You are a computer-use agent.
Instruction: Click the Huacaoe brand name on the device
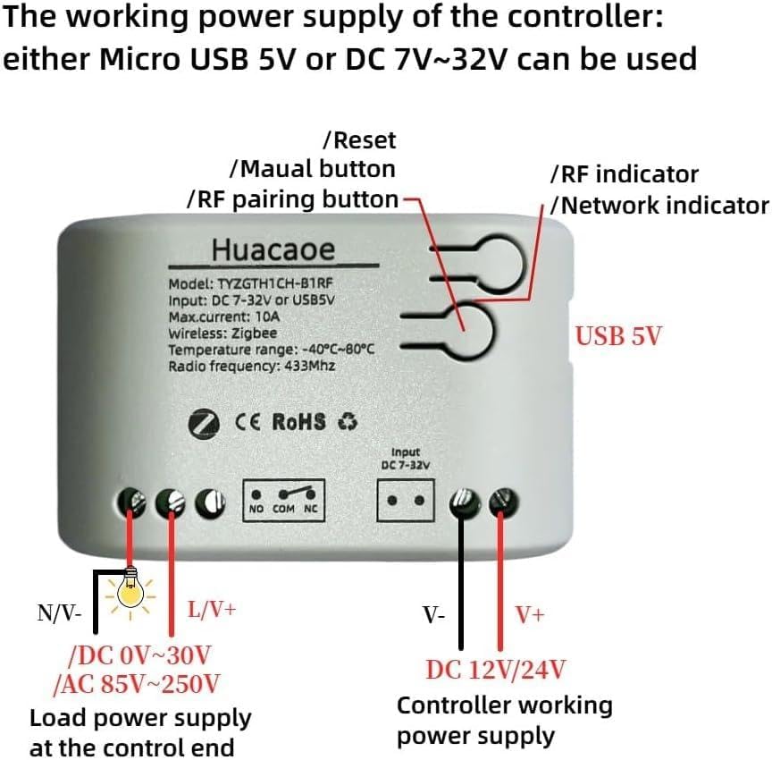coord(273,249)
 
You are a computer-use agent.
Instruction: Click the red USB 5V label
coord(618,336)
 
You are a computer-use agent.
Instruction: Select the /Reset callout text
coord(359,141)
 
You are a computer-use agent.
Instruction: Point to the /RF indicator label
coord(625,174)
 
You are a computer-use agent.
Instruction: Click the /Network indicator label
coord(659,206)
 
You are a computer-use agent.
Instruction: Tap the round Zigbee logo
coord(204,423)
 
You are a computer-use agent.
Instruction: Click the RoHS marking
coord(298,422)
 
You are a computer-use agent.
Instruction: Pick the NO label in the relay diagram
coord(256,509)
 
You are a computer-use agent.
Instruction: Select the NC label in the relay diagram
coord(311,509)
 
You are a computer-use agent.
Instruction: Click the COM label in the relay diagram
coord(283,509)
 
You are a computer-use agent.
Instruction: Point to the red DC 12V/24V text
coord(496,670)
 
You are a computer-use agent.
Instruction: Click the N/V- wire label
coord(59,613)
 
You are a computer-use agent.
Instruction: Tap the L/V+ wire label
coord(212,610)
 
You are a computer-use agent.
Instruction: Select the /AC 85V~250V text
coord(137,684)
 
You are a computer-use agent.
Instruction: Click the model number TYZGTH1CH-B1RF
coord(275,283)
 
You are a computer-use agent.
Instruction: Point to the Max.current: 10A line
coord(224,317)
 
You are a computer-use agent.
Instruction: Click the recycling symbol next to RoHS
coord(348,422)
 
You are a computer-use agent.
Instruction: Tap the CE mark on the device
coord(248,423)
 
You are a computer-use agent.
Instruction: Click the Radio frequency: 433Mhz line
coord(252,366)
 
